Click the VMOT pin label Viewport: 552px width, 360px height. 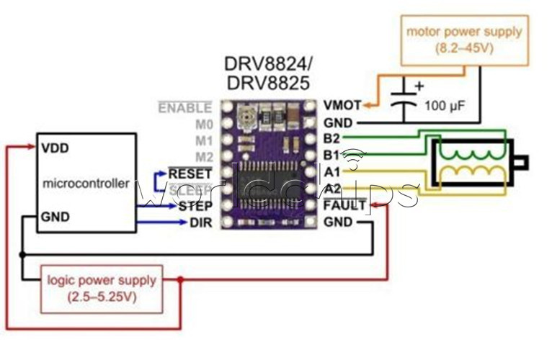(x=342, y=105)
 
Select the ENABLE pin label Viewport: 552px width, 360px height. (x=185, y=108)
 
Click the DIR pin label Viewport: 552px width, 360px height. (x=200, y=223)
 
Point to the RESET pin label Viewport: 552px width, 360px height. (x=190, y=174)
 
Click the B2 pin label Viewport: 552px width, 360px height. (x=332, y=138)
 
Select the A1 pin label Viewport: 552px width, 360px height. (x=332, y=172)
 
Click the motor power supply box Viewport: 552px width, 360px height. (x=464, y=39)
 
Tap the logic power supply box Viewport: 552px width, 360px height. (x=101, y=289)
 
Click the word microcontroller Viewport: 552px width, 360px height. (x=86, y=183)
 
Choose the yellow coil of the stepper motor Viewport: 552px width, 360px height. (x=469, y=174)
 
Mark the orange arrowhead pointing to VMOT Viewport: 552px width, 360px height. (x=368, y=106)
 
